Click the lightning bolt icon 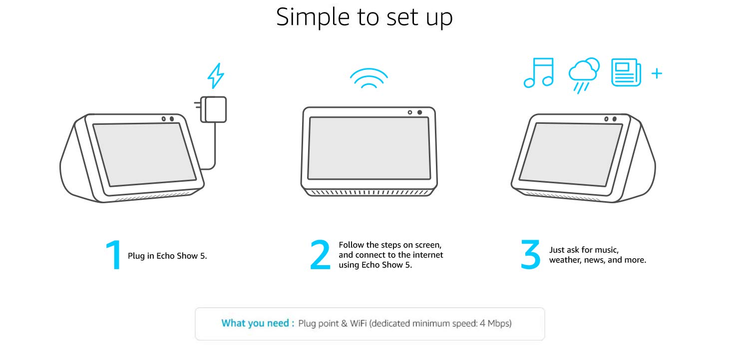(216, 76)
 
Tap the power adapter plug (214, 109)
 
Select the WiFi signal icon (369, 78)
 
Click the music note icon (539, 73)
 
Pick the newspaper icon (626, 73)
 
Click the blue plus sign (657, 74)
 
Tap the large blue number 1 (114, 256)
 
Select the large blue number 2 (320, 256)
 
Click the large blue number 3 (530, 256)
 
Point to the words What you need (255, 323)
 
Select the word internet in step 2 (426, 255)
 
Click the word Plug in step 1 (135, 256)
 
